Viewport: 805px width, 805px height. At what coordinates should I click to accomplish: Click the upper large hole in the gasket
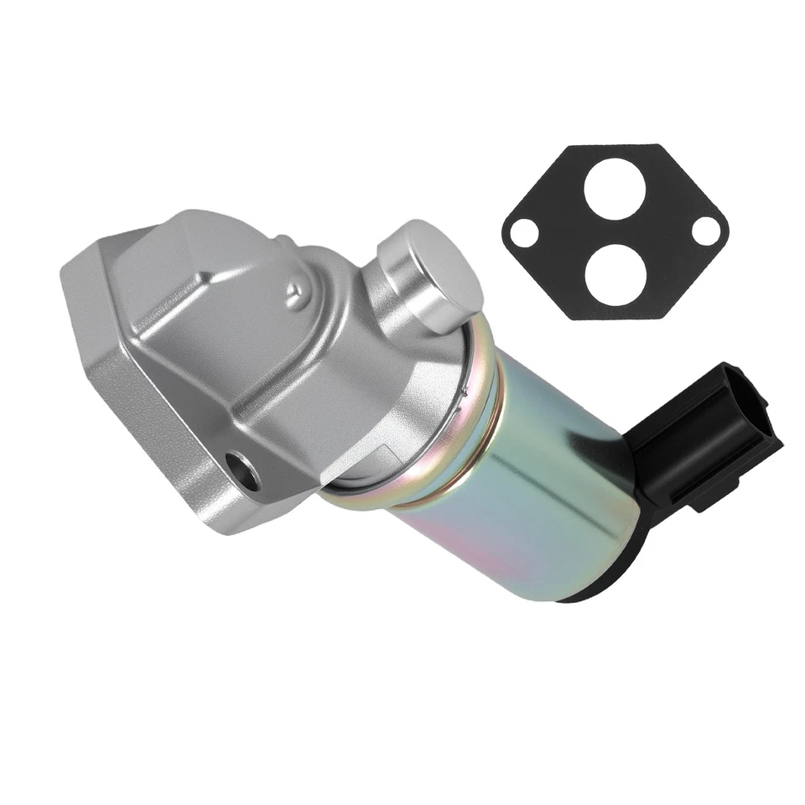[x=615, y=189]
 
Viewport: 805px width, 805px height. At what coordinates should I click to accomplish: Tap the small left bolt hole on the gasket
[x=524, y=231]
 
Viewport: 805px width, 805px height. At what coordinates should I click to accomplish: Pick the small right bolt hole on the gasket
[x=705, y=231]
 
